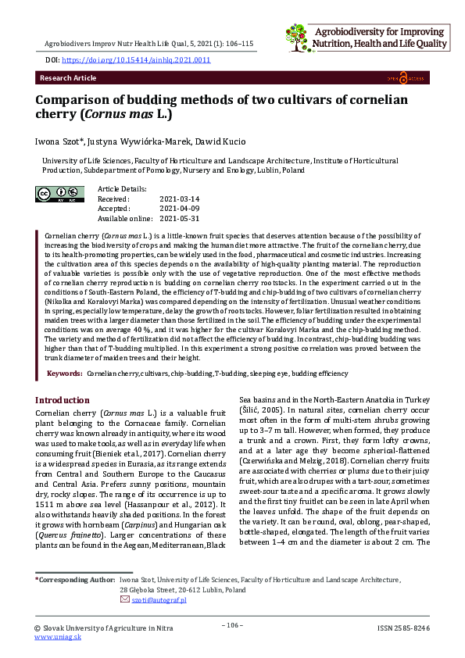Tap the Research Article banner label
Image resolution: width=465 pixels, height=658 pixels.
68,78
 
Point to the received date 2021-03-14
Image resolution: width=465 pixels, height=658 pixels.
179,199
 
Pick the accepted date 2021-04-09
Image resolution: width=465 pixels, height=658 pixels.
179,209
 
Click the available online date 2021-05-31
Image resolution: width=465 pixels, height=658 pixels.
179,218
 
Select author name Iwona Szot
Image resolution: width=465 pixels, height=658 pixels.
59,141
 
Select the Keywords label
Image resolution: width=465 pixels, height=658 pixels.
65,374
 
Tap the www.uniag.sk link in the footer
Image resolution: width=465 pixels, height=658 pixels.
58,637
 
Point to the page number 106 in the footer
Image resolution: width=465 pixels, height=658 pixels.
232,625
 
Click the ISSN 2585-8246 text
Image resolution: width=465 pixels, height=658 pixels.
402,628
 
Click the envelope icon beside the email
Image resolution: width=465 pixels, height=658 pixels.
125,599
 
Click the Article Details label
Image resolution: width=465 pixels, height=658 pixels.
122,189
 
